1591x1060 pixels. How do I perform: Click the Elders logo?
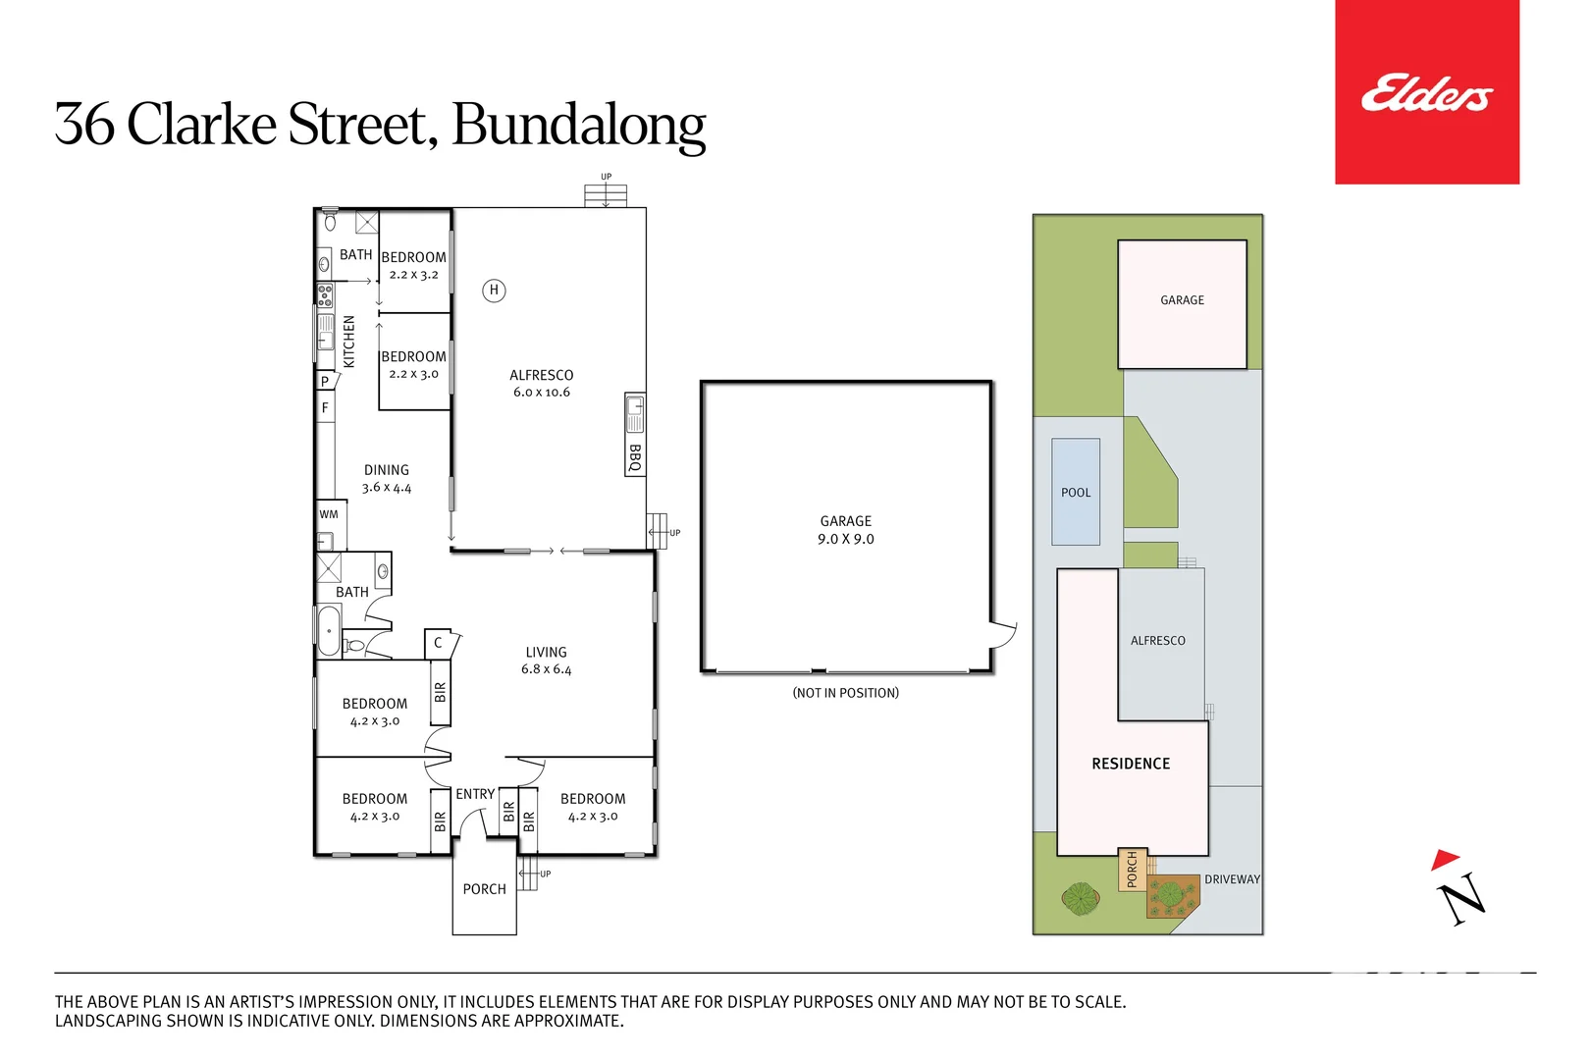(x=1425, y=93)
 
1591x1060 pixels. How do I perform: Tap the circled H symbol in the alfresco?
(x=494, y=290)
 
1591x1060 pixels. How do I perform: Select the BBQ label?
(x=635, y=458)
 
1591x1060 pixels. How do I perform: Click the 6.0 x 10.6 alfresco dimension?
(x=541, y=393)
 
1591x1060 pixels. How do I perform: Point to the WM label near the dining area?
(x=329, y=514)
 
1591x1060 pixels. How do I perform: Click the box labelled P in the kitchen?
(x=325, y=381)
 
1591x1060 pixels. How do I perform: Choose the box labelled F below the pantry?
(x=325, y=407)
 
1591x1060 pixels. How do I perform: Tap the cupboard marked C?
(x=438, y=643)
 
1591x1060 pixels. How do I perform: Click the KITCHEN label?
(x=349, y=342)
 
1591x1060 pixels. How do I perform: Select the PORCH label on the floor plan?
(x=484, y=889)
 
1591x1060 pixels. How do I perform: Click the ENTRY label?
(x=475, y=794)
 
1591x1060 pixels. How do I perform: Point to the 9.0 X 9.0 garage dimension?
(x=845, y=539)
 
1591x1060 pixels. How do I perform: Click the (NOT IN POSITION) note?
(x=845, y=693)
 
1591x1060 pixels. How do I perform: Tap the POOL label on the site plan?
(x=1076, y=493)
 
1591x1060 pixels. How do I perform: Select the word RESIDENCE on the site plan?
(x=1131, y=764)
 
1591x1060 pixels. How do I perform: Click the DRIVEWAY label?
(x=1232, y=879)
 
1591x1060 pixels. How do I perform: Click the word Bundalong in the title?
(x=578, y=125)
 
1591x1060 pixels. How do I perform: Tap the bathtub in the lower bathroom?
(x=329, y=630)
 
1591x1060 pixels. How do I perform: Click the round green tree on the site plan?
(x=1081, y=897)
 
